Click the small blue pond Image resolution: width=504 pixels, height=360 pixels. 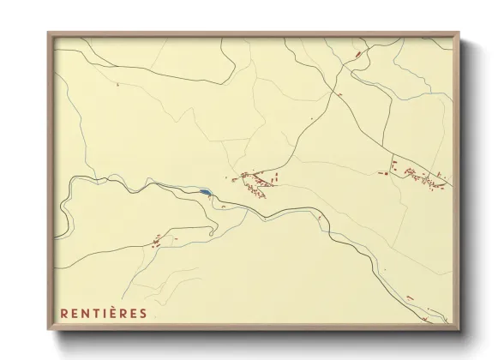point(205,192)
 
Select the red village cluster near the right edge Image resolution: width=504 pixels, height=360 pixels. point(420,176)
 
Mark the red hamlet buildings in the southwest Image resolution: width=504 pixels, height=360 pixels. point(157,241)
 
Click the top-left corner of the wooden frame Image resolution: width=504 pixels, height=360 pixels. point(49,32)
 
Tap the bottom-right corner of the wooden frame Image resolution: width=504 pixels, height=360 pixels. point(460,331)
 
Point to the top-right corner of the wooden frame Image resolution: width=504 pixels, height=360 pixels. point(460,32)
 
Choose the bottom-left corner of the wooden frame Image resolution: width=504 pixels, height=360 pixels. point(49,331)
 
